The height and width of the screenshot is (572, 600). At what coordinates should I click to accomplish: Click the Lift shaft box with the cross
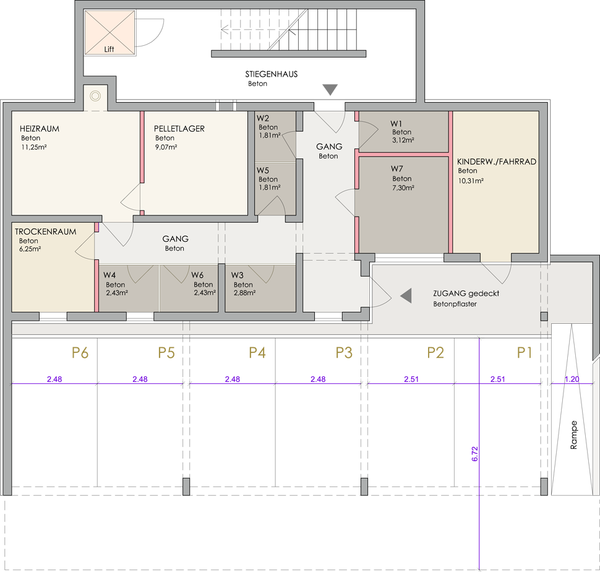109,32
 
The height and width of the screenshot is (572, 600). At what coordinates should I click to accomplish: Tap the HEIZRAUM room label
40,129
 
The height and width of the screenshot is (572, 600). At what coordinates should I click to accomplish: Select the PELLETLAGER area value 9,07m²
166,147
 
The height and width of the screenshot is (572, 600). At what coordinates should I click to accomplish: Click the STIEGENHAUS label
272,74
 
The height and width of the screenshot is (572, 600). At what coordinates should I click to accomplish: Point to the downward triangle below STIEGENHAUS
330,90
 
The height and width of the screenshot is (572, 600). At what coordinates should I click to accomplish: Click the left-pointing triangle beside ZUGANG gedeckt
406,295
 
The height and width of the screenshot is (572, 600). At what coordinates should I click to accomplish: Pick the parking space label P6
80,353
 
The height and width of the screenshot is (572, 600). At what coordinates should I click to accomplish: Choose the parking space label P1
525,353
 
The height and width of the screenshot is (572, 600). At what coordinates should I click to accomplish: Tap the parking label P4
257,353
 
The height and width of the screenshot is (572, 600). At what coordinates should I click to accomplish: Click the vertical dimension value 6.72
475,454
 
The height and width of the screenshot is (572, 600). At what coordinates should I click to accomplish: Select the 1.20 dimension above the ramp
572,379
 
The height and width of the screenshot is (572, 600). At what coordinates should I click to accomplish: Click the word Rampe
573,435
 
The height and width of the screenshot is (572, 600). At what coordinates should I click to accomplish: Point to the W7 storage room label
397,168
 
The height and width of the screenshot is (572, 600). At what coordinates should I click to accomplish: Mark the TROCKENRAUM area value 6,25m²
30,249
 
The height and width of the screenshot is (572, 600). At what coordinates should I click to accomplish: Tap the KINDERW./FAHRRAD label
497,162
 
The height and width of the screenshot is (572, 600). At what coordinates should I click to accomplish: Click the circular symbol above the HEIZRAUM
95,96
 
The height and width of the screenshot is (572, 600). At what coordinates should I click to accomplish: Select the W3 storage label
238,275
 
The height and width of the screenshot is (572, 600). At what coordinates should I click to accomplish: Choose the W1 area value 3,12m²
403,140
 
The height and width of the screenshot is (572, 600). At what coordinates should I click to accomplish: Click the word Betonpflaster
455,304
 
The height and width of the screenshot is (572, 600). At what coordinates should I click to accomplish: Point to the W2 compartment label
263,118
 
